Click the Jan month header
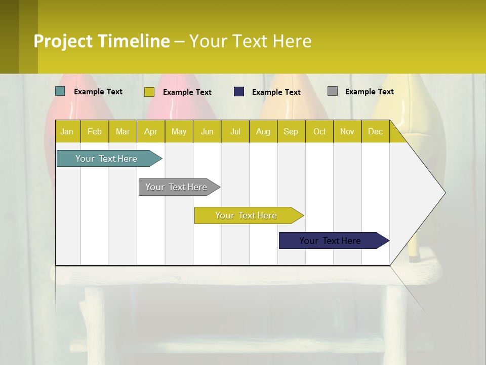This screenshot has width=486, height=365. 67,131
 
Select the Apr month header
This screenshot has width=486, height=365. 151,131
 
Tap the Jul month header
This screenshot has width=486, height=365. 235,131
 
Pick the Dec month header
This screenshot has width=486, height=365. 375,131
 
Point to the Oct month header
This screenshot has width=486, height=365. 319,131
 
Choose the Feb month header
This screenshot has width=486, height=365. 95,131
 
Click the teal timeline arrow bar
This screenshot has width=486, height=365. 107,159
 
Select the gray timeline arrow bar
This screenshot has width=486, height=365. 177,187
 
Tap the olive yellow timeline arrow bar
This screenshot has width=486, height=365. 246,215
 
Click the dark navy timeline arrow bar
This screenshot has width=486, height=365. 331,241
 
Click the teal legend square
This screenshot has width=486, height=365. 60,91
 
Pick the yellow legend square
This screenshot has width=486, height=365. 149,92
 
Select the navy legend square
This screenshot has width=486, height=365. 239,91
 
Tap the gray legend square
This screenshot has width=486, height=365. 333,91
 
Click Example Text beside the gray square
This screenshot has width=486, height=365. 369,92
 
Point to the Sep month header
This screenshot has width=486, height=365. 291,131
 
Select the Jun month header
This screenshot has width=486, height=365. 207,131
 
